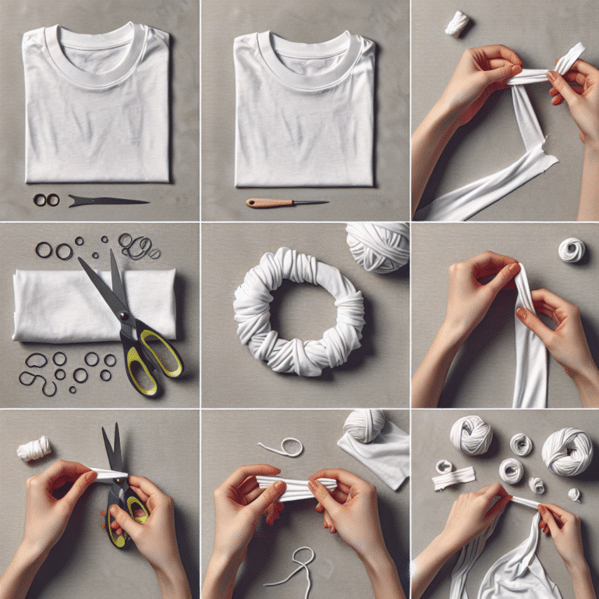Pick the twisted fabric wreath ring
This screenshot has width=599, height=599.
point(299,312)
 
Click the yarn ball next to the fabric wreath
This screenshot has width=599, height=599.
point(377,245)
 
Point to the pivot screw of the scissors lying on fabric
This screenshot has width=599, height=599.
point(125,315)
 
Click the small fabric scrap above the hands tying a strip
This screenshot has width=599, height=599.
point(457,24)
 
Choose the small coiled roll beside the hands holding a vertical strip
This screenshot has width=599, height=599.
point(571,250)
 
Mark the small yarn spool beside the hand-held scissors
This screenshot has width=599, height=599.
point(35,448)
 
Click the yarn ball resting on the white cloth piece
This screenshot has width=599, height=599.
point(365,425)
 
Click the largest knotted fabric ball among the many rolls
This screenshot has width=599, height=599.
point(568,452)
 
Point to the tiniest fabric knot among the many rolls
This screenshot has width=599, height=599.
point(574,494)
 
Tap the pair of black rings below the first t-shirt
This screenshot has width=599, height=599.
point(46,200)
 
